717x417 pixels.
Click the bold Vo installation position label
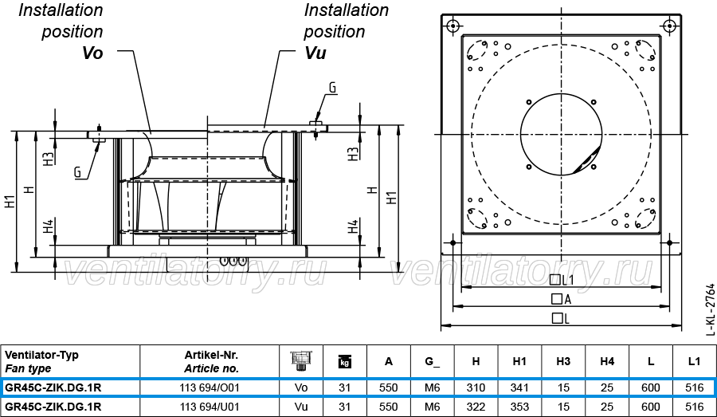tap(92, 53)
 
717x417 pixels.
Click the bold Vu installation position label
tap(315, 53)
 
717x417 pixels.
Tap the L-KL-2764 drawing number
tap(710, 309)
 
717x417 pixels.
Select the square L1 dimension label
tap(561, 279)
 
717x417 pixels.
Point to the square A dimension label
tap(561, 299)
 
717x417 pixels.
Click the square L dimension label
tap(561, 318)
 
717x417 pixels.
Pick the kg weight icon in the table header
tap(344, 362)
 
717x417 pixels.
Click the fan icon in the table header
tap(301, 360)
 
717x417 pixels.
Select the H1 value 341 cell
tap(519, 387)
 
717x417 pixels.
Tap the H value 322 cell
tap(476, 407)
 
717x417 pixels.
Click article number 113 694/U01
tap(210, 407)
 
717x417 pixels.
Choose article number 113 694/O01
tap(210, 387)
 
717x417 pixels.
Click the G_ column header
tap(432, 361)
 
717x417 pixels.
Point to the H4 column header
tap(607, 361)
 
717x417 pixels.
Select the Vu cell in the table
tap(301, 407)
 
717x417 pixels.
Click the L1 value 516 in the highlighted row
tap(694, 387)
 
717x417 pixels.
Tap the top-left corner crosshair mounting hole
tap(453, 26)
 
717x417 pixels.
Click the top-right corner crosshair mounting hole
tap(669, 26)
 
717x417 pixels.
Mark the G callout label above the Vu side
tap(332, 88)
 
